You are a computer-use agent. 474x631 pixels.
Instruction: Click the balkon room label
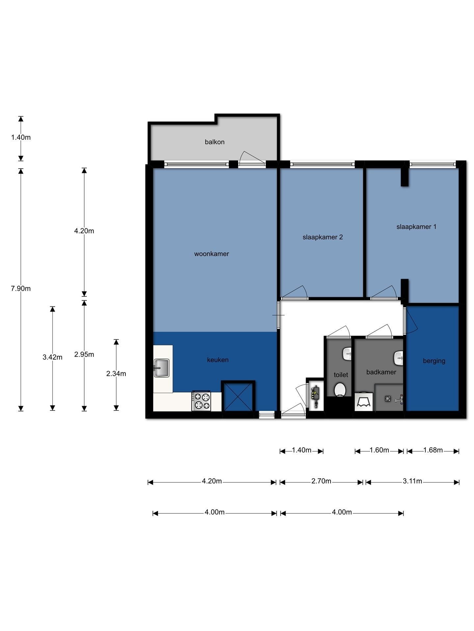pyautogui.click(x=215, y=142)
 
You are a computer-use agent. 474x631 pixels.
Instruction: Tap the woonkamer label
pyautogui.click(x=211, y=254)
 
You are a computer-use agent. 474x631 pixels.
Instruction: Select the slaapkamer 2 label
pyautogui.click(x=323, y=237)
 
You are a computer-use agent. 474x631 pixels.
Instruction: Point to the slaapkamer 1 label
pyautogui.click(x=416, y=227)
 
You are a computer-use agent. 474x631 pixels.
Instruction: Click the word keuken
pyautogui.click(x=218, y=360)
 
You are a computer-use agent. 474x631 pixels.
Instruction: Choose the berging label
pyautogui.click(x=434, y=361)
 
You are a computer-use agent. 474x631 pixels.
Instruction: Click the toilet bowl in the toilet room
pyautogui.click(x=340, y=389)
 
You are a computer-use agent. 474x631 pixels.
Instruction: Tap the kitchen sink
pyautogui.click(x=161, y=368)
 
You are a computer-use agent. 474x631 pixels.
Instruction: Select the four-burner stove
pyautogui.click(x=201, y=401)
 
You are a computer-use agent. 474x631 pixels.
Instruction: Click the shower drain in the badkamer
pyautogui.click(x=388, y=399)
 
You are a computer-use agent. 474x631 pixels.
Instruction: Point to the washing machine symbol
pyautogui.click(x=364, y=401)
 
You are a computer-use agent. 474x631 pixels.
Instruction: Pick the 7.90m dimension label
pyautogui.click(x=21, y=289)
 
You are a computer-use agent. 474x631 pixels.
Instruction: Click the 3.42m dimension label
pyautogui.click(x=52, y=357)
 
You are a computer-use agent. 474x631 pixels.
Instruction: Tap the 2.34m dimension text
pyautogui.click(x=116, y=374)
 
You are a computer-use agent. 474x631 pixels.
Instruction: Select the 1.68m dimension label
pyautogui.click(x=433, y=450)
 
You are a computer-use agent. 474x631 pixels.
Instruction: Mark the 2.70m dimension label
pyautogui.click(x=321, y=481)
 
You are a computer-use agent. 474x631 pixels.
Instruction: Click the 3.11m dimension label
pyautogui.click(x=412, y=481)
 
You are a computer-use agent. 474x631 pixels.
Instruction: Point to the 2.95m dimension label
pyautogui.click(x=84, y=354)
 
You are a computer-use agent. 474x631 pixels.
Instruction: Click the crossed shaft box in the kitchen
pyautogui.click(x=238, y=396)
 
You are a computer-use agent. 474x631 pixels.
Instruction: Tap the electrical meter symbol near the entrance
pyautogui.click(x=316, y=397)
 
